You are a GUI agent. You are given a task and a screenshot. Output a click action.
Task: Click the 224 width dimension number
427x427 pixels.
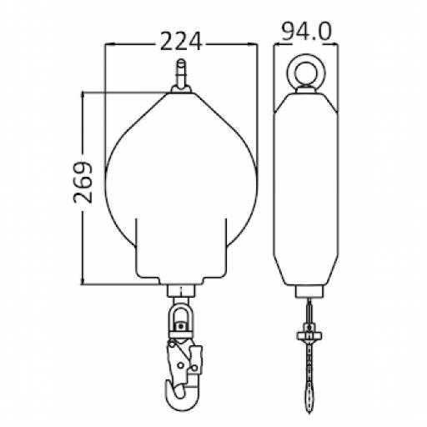(180, 41)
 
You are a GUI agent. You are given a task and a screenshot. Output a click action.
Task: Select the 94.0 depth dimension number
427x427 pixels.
(306, 32)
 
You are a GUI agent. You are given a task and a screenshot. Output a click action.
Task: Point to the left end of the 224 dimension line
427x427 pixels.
(106, 43)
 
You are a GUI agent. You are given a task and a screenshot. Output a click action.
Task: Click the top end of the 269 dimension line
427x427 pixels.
(83, 93)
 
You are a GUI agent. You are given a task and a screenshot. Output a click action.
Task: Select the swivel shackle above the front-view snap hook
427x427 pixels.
(180, 318)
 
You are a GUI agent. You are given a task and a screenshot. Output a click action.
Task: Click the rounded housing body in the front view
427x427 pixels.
(180, 183)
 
